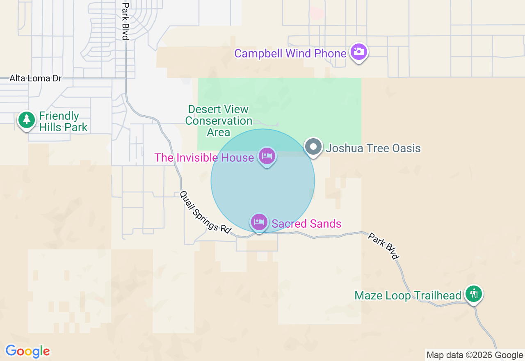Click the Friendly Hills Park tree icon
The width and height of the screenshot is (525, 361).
(27, 120)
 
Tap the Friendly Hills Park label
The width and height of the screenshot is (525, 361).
(63, 121)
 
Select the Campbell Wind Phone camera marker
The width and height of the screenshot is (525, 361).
(359, 52)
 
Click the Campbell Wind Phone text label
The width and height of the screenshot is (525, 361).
(290, 53)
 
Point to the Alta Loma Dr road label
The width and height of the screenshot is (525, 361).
(35, 78)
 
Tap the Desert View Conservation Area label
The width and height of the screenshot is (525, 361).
(218, 121)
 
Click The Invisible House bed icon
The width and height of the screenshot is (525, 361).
(267, 156)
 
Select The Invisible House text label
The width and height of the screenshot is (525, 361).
(204, 158)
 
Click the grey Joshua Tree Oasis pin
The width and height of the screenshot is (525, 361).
(314, 147)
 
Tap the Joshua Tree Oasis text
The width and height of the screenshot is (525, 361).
(373, 148)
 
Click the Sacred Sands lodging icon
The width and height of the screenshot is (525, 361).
(259, 222)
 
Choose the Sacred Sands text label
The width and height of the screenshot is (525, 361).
(306, 224)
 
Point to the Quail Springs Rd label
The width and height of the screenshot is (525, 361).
(205, 212)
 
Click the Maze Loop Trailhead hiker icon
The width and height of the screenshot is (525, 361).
(474, 294)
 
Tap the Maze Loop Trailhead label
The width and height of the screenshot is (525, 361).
(408, 295)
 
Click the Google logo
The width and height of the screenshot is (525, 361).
(27, 351)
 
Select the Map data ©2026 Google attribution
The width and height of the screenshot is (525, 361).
(475, 355)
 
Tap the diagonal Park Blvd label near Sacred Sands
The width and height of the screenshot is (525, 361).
(383, 246)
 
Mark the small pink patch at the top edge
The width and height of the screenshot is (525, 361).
(317, 12)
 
